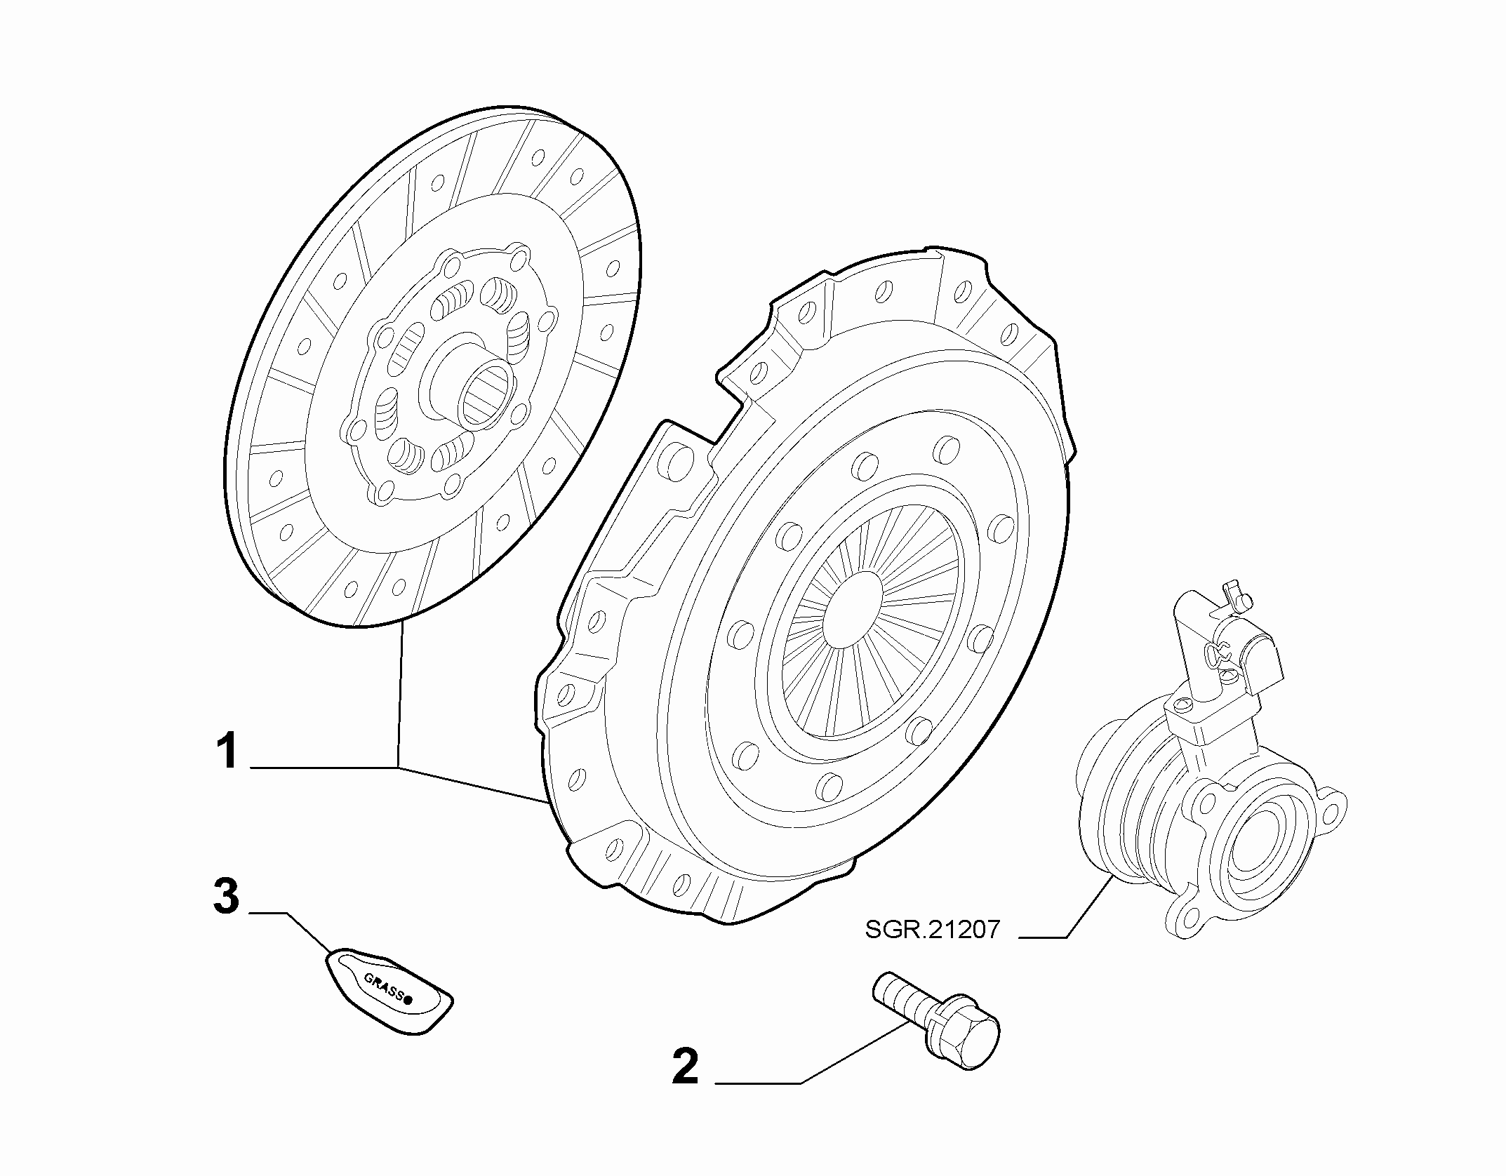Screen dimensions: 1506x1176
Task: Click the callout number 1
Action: click(x=228, y=751)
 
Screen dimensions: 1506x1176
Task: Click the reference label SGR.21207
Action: click(x=932, y=930)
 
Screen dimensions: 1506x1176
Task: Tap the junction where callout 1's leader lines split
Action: click(x=398, y=768)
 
